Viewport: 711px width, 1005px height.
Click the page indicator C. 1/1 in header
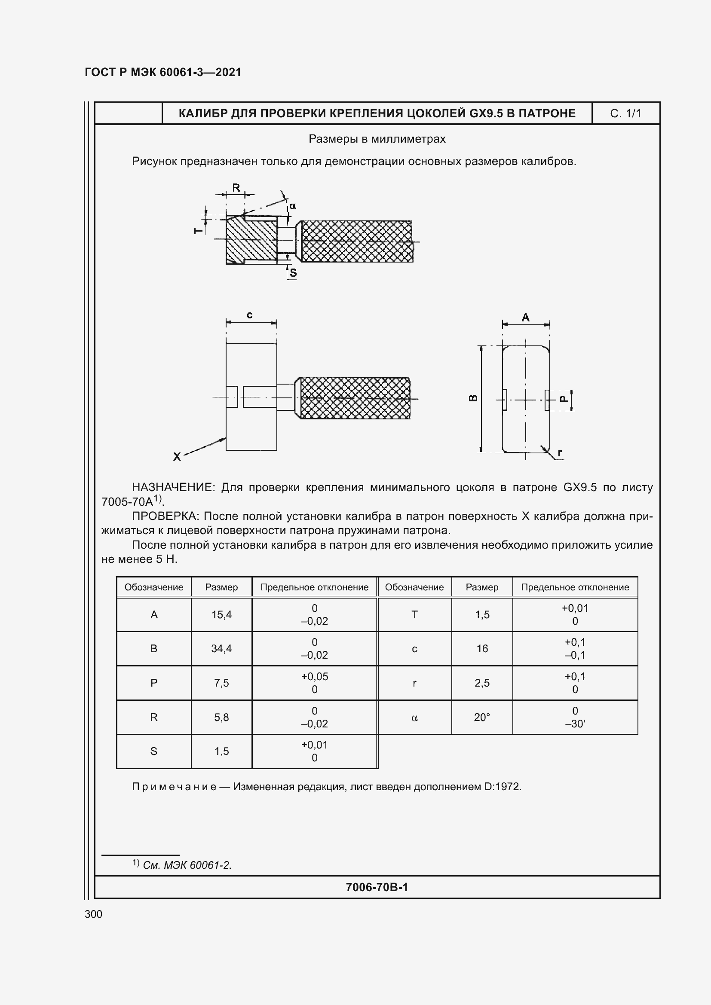625,114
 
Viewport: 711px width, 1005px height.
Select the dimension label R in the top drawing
236,188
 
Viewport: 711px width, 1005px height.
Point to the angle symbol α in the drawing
293,206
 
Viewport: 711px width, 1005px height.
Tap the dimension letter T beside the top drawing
198,230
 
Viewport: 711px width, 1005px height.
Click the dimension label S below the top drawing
293,273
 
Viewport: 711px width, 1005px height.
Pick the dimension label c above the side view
250,315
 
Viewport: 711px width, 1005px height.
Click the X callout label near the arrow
177,457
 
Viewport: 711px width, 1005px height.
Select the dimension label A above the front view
526,318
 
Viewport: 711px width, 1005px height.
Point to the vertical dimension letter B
473,398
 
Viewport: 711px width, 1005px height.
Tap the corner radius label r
560,453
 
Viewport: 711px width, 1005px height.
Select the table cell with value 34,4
221,648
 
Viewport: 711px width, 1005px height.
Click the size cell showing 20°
482,717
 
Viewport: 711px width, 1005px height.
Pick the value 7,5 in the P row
221,683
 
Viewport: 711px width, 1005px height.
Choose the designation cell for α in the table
414,718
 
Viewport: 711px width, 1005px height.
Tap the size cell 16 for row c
482,648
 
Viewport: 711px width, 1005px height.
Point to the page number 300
93,914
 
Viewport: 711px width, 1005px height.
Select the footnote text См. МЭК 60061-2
187,865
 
